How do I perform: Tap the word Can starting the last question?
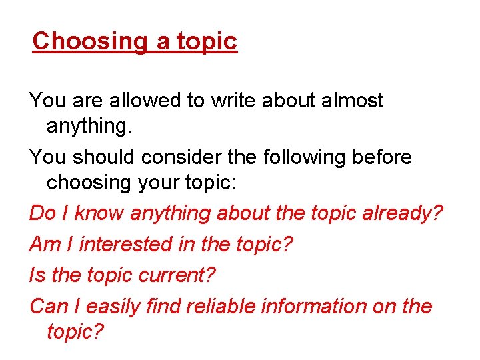[x=45, y=306]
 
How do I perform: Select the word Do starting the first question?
[x=42, y=213]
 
